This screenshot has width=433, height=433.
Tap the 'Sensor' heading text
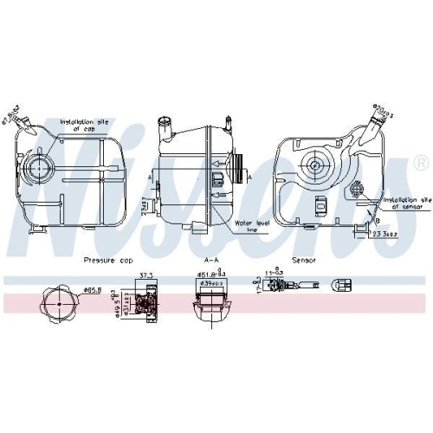[x=304, y=259]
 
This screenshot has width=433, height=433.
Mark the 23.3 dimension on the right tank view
[x=385, y=232]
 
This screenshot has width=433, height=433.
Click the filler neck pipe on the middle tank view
[x=164, y=129]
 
